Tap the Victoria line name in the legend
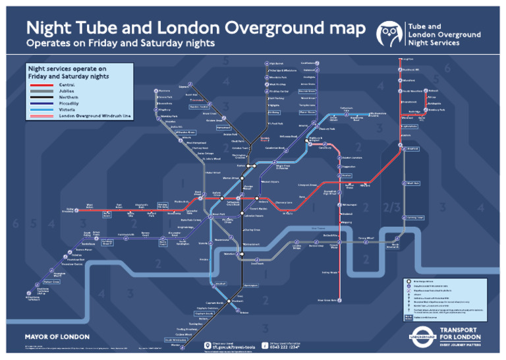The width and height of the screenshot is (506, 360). [67, 109]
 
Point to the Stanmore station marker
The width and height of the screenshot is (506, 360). [155, 90]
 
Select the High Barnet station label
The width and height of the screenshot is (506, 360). [276, 63]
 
